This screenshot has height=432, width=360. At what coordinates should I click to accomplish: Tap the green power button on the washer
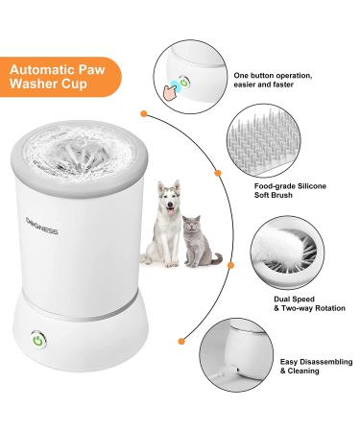[37, 340]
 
